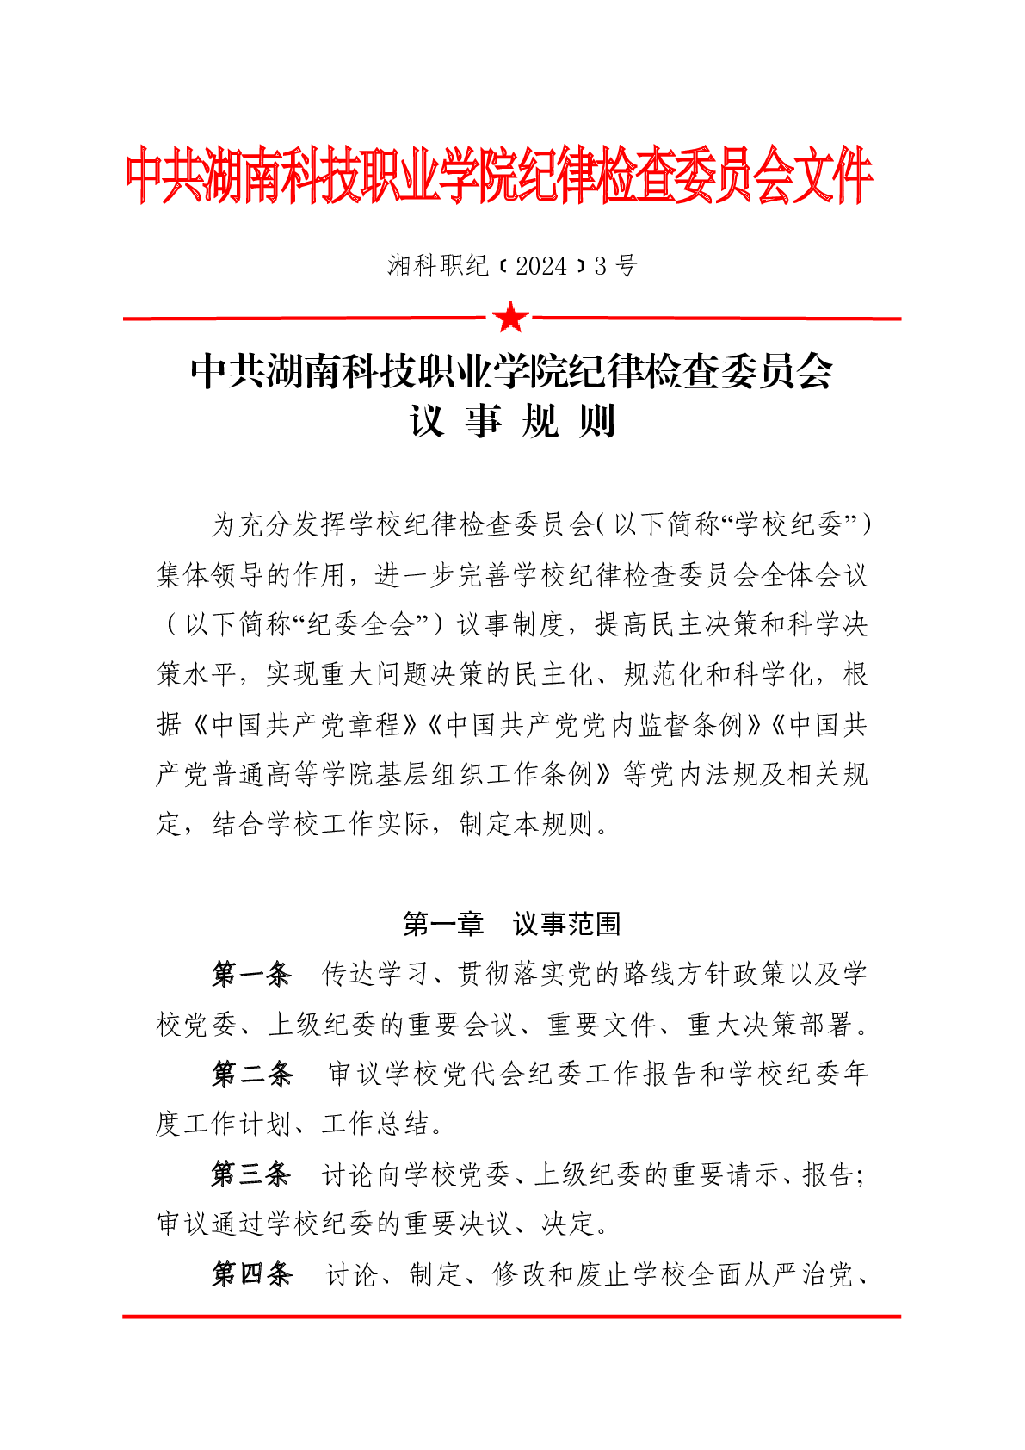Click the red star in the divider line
[x=511, y=318]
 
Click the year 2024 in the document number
[x=541, y=266]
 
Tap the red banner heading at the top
[x=499, y=177]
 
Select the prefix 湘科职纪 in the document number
[x=438, y=266]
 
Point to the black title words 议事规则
[x=512, y=421]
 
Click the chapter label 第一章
[x=443, y=924]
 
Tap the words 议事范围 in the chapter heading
[x=566, y=924]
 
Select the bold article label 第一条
[x=251, y=974]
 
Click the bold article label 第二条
[x=252, y=1074]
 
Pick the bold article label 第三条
[x=251, y=1174]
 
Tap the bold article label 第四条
[x=252, y=1273]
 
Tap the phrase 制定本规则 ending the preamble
[x=527, y=824]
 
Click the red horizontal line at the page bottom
[x=511, y=1316]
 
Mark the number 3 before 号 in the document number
[x=600, y=266]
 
